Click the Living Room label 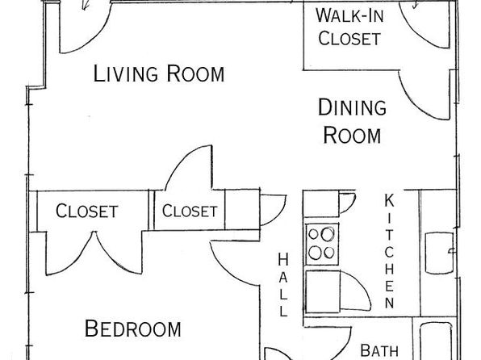(x=159, y=73)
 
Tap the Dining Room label (x=352, y=121)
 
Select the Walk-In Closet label (x=349, y=27)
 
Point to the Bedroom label (x=132, y=329)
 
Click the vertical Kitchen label (x=389, y=251)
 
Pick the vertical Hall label (x=282, y=284)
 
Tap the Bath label (x=379, y=350)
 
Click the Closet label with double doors (x=87, y=211)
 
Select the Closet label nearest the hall (x=190, y=211)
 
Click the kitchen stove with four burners (x=322, y=244)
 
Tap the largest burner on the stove (x=328, y=234)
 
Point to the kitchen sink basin (x=439, y=253)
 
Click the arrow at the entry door (x=86, y=5)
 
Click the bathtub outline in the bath (x=436, y=341)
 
